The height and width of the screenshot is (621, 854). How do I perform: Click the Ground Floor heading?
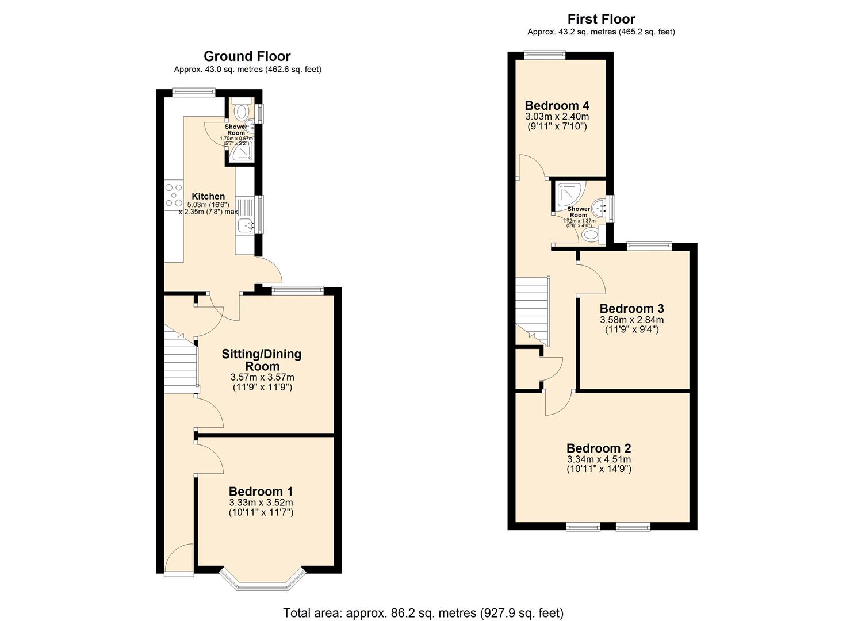coord(247,56)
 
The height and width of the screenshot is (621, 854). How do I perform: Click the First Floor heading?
coord(601,19)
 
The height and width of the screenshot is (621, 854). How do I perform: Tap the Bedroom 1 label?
coord(261,492)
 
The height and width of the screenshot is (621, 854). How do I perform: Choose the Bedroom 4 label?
coord(557,106)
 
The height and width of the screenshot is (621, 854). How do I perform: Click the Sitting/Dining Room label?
coord(262,360)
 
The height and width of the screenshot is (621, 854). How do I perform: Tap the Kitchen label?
coord(208,196)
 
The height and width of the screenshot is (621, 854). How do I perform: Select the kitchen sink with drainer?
coord(244,216)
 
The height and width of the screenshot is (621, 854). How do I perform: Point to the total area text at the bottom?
coord(423,613)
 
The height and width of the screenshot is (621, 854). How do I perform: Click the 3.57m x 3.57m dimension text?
coord(262,377)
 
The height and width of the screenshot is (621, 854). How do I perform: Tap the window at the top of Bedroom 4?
coord(544,55)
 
